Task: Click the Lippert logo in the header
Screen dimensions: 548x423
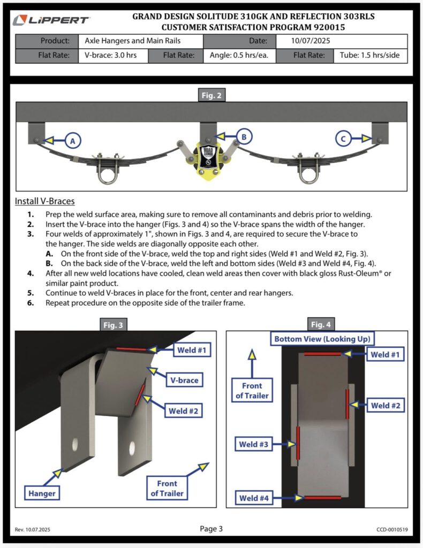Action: [52, 21]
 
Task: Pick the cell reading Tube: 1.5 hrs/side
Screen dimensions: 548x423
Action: [370, 56]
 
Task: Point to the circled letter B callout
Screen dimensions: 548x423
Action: [243, 138]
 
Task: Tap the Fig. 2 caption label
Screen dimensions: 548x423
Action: [211, 96]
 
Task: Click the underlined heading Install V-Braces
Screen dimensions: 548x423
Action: [45, 201]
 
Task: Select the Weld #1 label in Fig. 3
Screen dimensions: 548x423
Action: [191, 350]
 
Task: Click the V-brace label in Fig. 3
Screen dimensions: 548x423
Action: [185, 380]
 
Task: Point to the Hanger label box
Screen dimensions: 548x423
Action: [41, 493]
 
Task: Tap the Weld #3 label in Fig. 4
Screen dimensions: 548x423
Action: [253, 444]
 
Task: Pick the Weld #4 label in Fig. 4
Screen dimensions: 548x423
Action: [254, 498]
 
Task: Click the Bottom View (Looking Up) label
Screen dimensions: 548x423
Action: [322, 339]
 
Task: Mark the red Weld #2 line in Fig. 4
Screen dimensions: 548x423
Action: [348, 404]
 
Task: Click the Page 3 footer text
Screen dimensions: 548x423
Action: [211, 529]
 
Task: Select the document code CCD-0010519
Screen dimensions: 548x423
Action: [392, 530]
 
